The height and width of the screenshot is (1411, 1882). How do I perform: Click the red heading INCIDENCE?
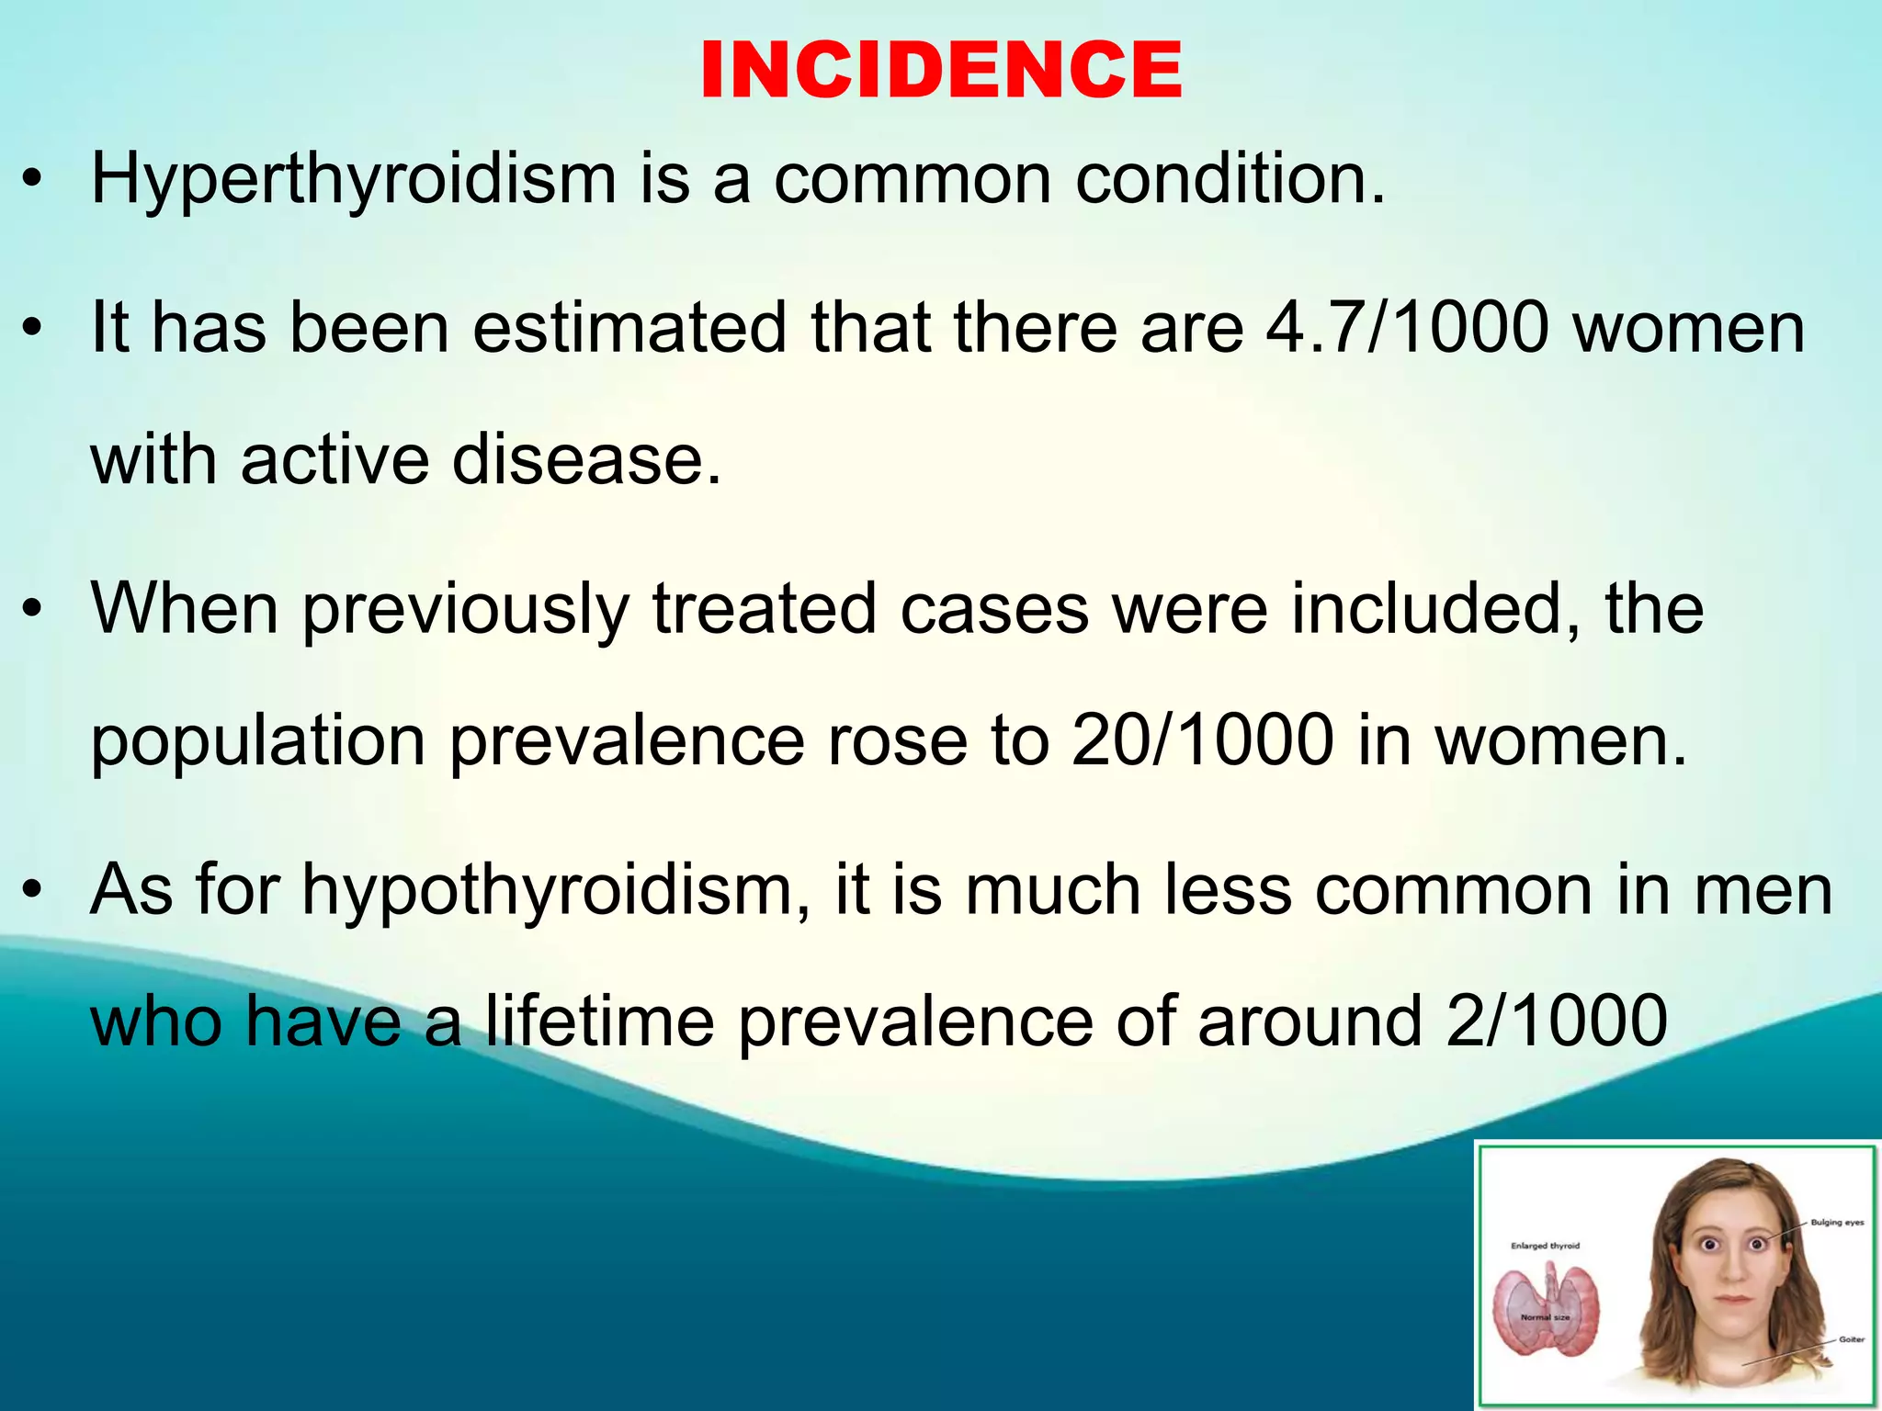tap(941, 71)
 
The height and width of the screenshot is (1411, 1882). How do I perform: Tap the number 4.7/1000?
tap(1408, 328)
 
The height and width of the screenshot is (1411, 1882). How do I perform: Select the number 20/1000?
tap(1202, 739)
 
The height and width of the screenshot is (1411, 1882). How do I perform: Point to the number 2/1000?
tap(1556, 1021)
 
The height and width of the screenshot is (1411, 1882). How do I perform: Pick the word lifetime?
tap(599, 1021)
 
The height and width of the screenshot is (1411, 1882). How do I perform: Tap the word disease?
tap(586, 459)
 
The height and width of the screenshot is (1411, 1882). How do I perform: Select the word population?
tap(257, 741)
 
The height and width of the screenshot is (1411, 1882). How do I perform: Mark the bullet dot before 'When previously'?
tap(34, 610)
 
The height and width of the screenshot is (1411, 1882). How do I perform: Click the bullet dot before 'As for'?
tap(34, 891)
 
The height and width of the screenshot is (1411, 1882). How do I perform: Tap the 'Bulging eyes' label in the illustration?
tap(1837, 1223)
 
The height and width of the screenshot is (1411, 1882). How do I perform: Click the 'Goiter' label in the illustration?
tap(1851, 1339)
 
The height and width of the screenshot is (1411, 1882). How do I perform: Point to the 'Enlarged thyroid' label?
tap(1545, 1247)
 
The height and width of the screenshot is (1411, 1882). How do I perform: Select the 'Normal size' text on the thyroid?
tap(1545, 1317)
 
